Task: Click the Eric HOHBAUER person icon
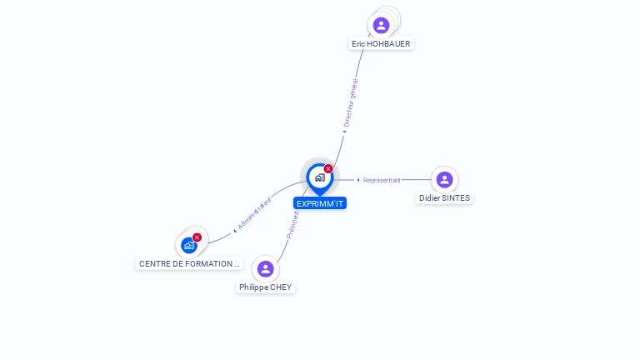click(x=381, y=25)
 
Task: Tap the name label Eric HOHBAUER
click(x=381, y=43)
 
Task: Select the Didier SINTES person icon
click(x=444, y=179)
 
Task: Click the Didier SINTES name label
click(x=444, y=198)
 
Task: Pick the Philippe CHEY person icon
click(x=265, y=268)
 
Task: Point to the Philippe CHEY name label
click(x=266, y=287)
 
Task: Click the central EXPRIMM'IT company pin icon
click(x=319, y=177)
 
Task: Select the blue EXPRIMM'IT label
click(x=320, y=203)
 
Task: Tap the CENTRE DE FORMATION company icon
click(x=189, y=245)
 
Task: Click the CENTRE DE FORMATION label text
click(x=189, y=263)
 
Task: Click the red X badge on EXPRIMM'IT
click(x=328, y=168)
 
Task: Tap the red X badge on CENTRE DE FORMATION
click(x=197, y=237)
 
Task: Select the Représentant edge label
click(x=382, y=180)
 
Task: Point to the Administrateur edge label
click(x=253, y=213)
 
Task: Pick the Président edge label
click(x=292, y=225)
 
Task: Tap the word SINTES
click(x=456, y=198)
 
